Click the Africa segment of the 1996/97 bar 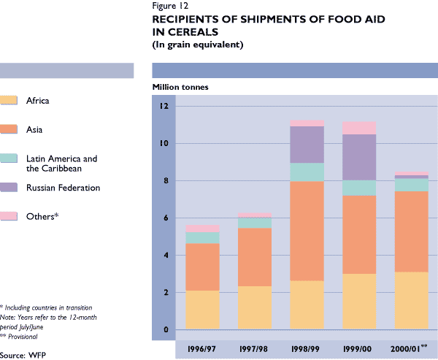pyautogui.click(x=202, y=310)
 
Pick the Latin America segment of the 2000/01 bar pyautogui.click(x=412, y=185)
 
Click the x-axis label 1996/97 pyautogui.click(x=202, y=345)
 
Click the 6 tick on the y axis pyautogui.click(x=166, y=218)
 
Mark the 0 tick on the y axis pyautogui.click(x=166, y=330)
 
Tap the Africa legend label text pyautogui.click(x=37, y=102)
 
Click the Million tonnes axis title pyautogui.click(x=180, y=87)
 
